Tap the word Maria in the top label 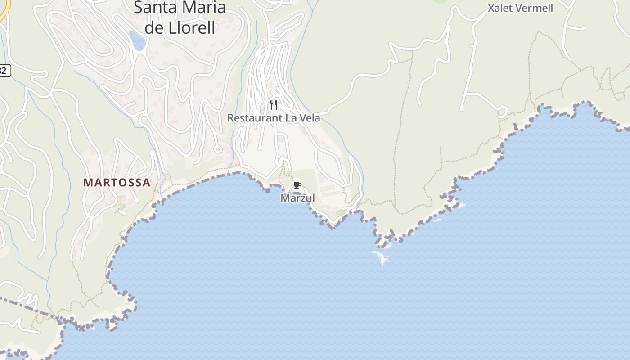(205, 7)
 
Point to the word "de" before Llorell (153, 27)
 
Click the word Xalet (500, 8)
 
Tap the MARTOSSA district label (117, 182)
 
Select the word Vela (310, 118)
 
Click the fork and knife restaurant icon (274, 105)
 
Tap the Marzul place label (297, 198)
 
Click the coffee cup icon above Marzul (297, 185)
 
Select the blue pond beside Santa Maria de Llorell (137, 40)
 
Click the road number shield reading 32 (4, 70)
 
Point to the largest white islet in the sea (381, 257)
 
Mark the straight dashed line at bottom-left (27, 306)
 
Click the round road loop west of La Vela (218, 148)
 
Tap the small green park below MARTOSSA (120, 207)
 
